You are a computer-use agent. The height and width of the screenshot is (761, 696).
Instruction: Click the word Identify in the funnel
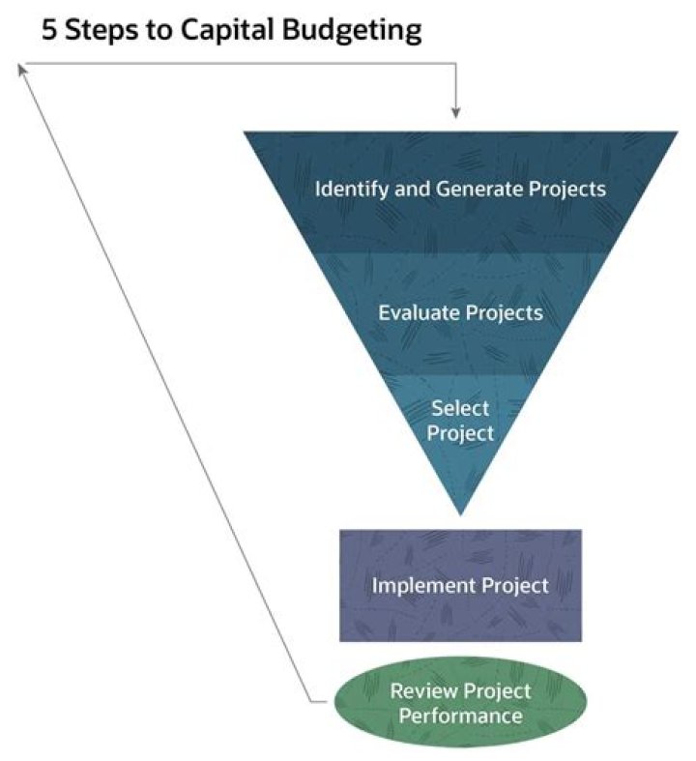click(351, 188)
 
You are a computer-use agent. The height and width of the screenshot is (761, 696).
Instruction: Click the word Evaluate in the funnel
click(420, 312)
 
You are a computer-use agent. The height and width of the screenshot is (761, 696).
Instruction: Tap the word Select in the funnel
click(460, 407)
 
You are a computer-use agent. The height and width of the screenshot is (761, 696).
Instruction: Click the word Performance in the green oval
click(459, 716)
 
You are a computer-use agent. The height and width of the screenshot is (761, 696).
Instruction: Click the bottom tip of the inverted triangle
click(461, 511)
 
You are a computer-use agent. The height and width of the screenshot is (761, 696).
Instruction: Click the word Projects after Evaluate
click(504, 312)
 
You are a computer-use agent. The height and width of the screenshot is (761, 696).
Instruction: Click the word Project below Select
click(461, 432)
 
